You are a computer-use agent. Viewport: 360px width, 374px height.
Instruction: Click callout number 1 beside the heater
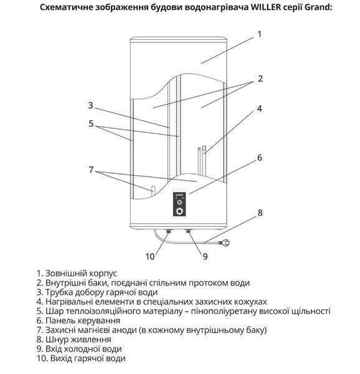tap(260, 34)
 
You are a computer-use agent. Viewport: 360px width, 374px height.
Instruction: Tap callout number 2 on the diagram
tap(260, 79)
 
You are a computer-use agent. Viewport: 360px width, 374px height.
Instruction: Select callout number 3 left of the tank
tap(90, 105)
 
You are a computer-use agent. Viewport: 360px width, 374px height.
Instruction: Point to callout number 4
tap(260, 108)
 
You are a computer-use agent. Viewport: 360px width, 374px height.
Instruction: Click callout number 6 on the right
tap(260, 158)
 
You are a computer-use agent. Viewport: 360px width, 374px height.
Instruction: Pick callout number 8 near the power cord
tap(260, 213)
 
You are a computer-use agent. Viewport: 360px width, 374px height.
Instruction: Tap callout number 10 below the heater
tap(150, 257)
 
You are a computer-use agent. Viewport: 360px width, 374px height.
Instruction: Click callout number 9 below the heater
tap(205, 257)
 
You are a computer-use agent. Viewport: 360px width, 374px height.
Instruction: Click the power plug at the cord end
tap(224, 243)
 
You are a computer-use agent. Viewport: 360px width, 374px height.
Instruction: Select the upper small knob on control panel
tap(179, 203)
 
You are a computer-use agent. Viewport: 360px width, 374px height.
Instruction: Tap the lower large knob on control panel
tap(179, 211)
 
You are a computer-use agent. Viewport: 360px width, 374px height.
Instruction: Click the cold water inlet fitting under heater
tap(189, 231)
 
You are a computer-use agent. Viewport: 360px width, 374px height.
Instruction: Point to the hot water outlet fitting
tap(169, 231)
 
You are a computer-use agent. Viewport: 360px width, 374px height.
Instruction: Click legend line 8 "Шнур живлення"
tap(74, 340)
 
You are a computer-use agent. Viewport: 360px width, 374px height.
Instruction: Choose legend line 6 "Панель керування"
tap(78, 320)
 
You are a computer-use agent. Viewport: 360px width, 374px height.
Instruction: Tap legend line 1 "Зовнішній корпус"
tap(77, 274)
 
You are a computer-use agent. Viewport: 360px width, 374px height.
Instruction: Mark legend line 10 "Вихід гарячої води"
tap(81, 358)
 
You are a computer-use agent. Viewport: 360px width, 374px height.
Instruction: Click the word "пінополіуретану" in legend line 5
tap(223, 311)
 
